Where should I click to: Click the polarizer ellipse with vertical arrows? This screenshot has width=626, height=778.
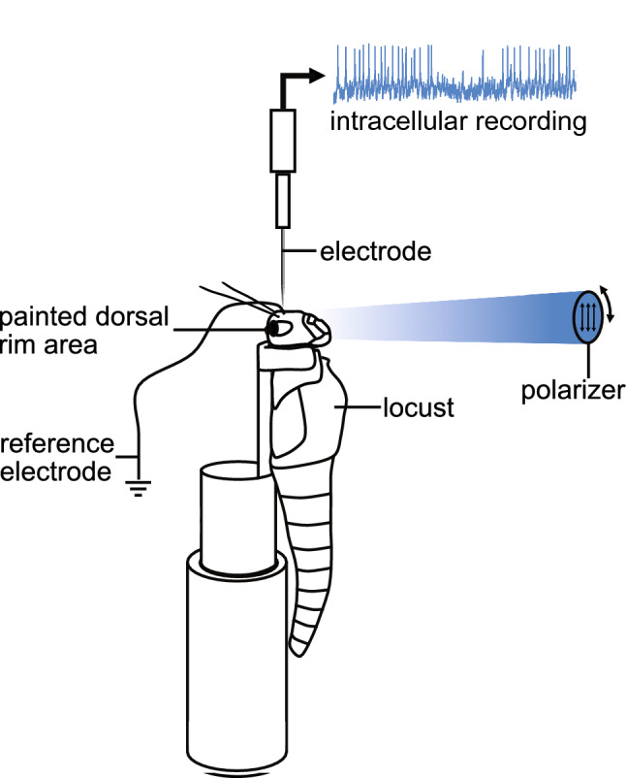587,315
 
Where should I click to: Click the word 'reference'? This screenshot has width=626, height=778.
55,446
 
